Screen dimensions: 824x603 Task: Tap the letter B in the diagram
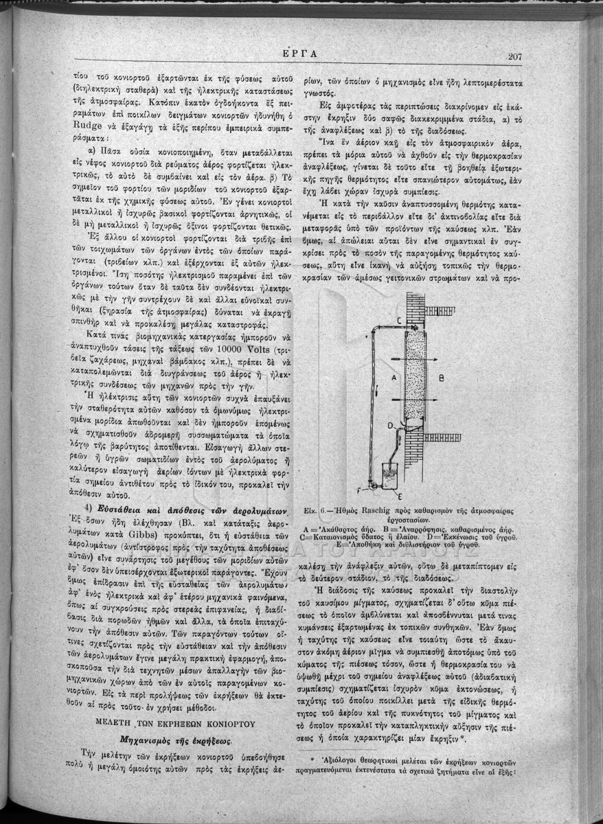tap(442, 377)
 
